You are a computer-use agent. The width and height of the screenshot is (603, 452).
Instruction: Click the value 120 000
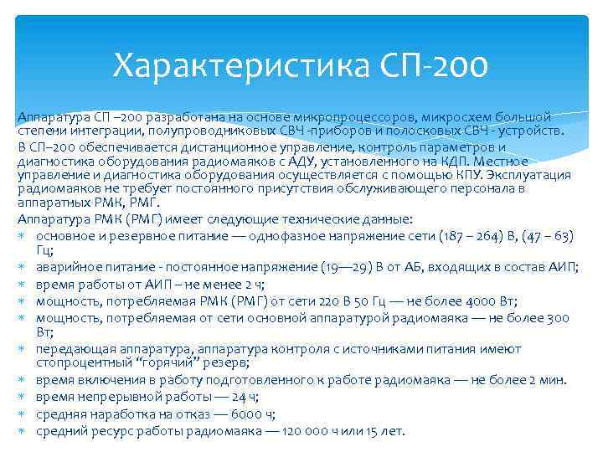(291, 431)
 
